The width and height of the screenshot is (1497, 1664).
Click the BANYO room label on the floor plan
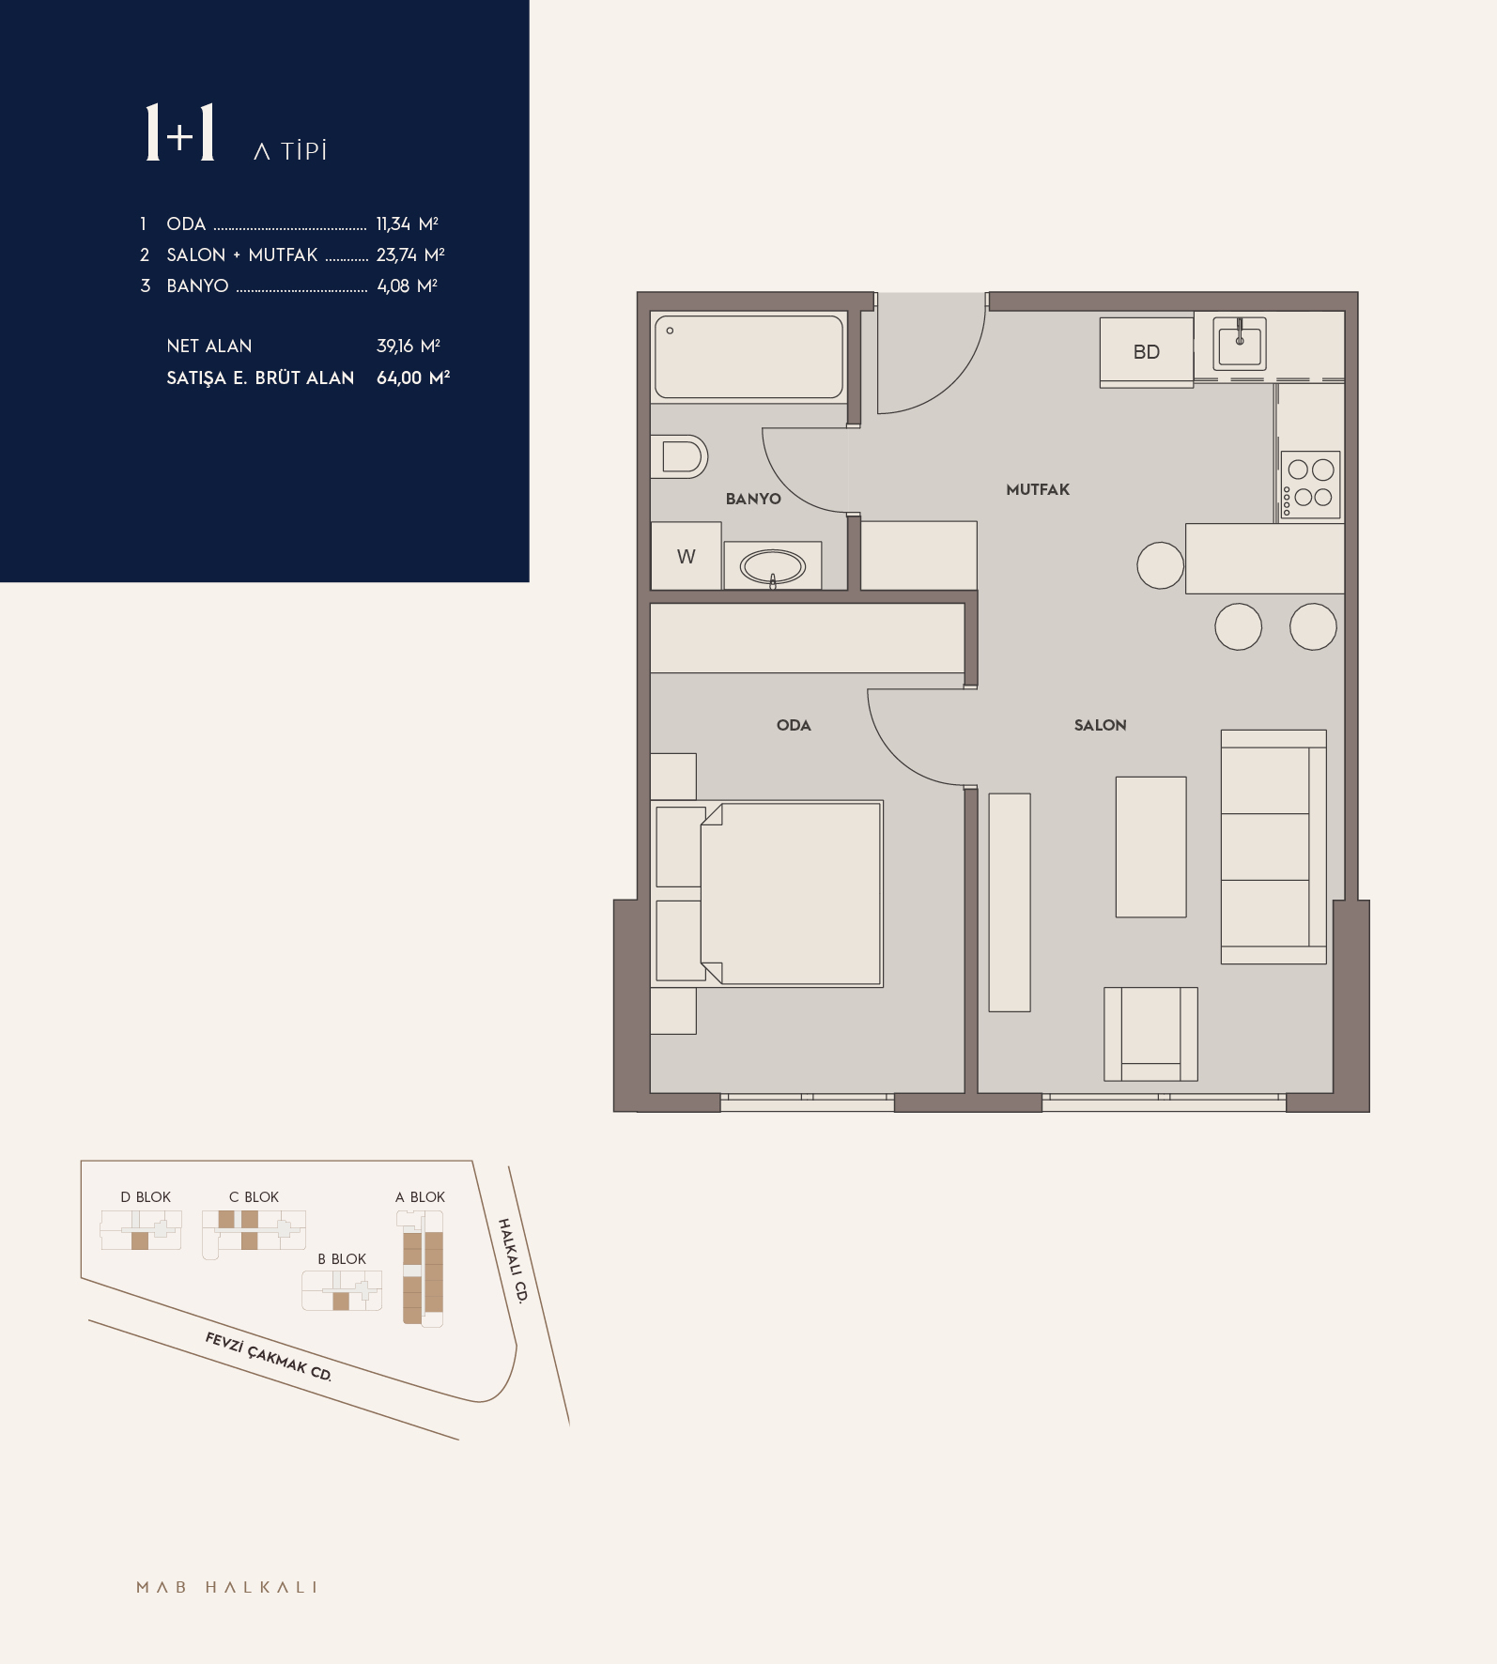753,499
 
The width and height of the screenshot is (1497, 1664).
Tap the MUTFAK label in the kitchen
1038,489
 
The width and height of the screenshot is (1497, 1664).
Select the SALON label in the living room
1100,725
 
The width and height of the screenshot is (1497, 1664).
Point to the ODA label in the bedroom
794,725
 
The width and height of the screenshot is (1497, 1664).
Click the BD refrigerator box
1147,352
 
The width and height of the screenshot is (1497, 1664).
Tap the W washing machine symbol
687,556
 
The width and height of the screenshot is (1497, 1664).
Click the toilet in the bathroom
679,457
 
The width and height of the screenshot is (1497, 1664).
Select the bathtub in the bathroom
748,357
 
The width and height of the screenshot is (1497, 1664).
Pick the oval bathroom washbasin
773,566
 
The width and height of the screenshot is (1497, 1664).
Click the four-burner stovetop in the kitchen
1311,485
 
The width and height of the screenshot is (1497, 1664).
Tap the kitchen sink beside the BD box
1240,343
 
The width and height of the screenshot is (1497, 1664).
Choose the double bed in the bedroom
768,893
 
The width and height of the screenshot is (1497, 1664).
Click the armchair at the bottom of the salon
1150,1034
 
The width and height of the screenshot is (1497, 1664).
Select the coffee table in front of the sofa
1150,847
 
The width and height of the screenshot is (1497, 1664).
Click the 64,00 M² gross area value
413,377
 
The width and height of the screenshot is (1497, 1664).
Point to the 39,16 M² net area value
409,346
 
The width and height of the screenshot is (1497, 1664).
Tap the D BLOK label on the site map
146,1197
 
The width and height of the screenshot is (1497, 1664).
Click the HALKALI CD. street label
513,1260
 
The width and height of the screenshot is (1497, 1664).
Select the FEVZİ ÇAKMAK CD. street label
269,1356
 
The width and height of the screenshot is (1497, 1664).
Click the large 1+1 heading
180,132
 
